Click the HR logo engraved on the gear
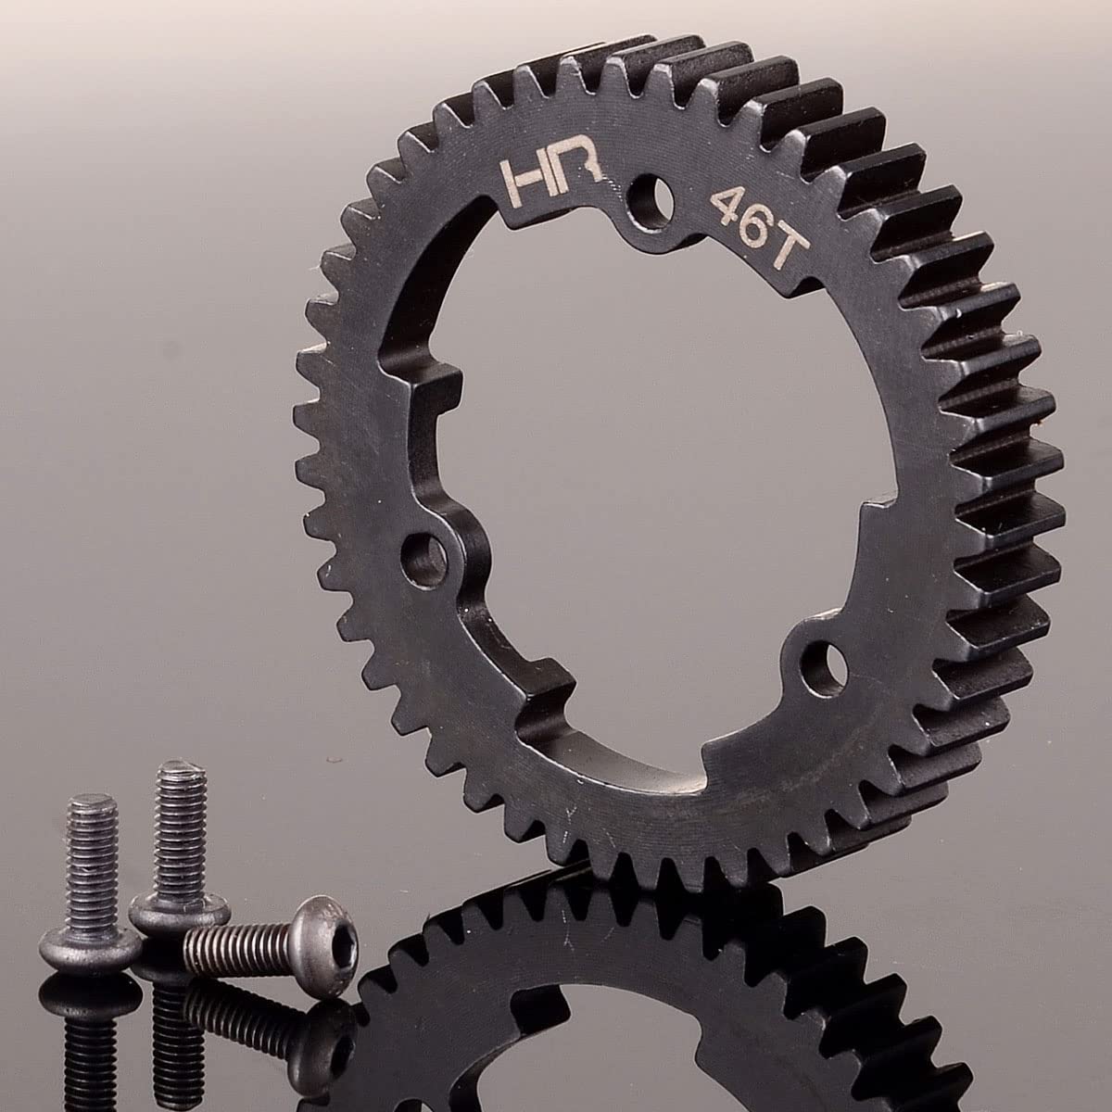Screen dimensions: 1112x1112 pyautogui.click(x=550, y=178)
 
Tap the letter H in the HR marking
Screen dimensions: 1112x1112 pyautogui.click(x=524, y=182)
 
